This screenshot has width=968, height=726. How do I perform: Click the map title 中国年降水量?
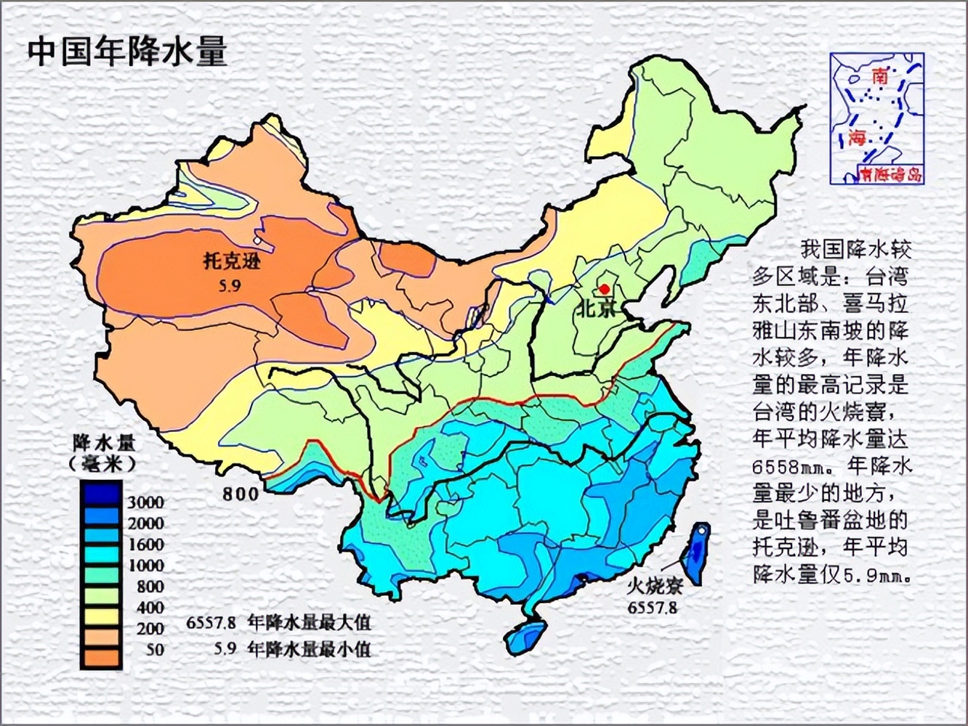(128, 52)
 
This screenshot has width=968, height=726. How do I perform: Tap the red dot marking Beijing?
(604, 288)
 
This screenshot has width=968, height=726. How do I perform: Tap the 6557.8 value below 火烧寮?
(653, 607)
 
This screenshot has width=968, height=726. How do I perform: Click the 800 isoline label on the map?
(241, 494)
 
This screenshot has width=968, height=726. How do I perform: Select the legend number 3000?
(145, 502)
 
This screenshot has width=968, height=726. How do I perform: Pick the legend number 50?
(155, 650)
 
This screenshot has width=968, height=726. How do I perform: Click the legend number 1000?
(145, 566)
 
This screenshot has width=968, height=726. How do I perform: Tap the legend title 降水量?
(105, 443)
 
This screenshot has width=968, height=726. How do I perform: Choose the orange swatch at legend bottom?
(100, 657)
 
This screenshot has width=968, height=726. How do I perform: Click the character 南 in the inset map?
(880, 76)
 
